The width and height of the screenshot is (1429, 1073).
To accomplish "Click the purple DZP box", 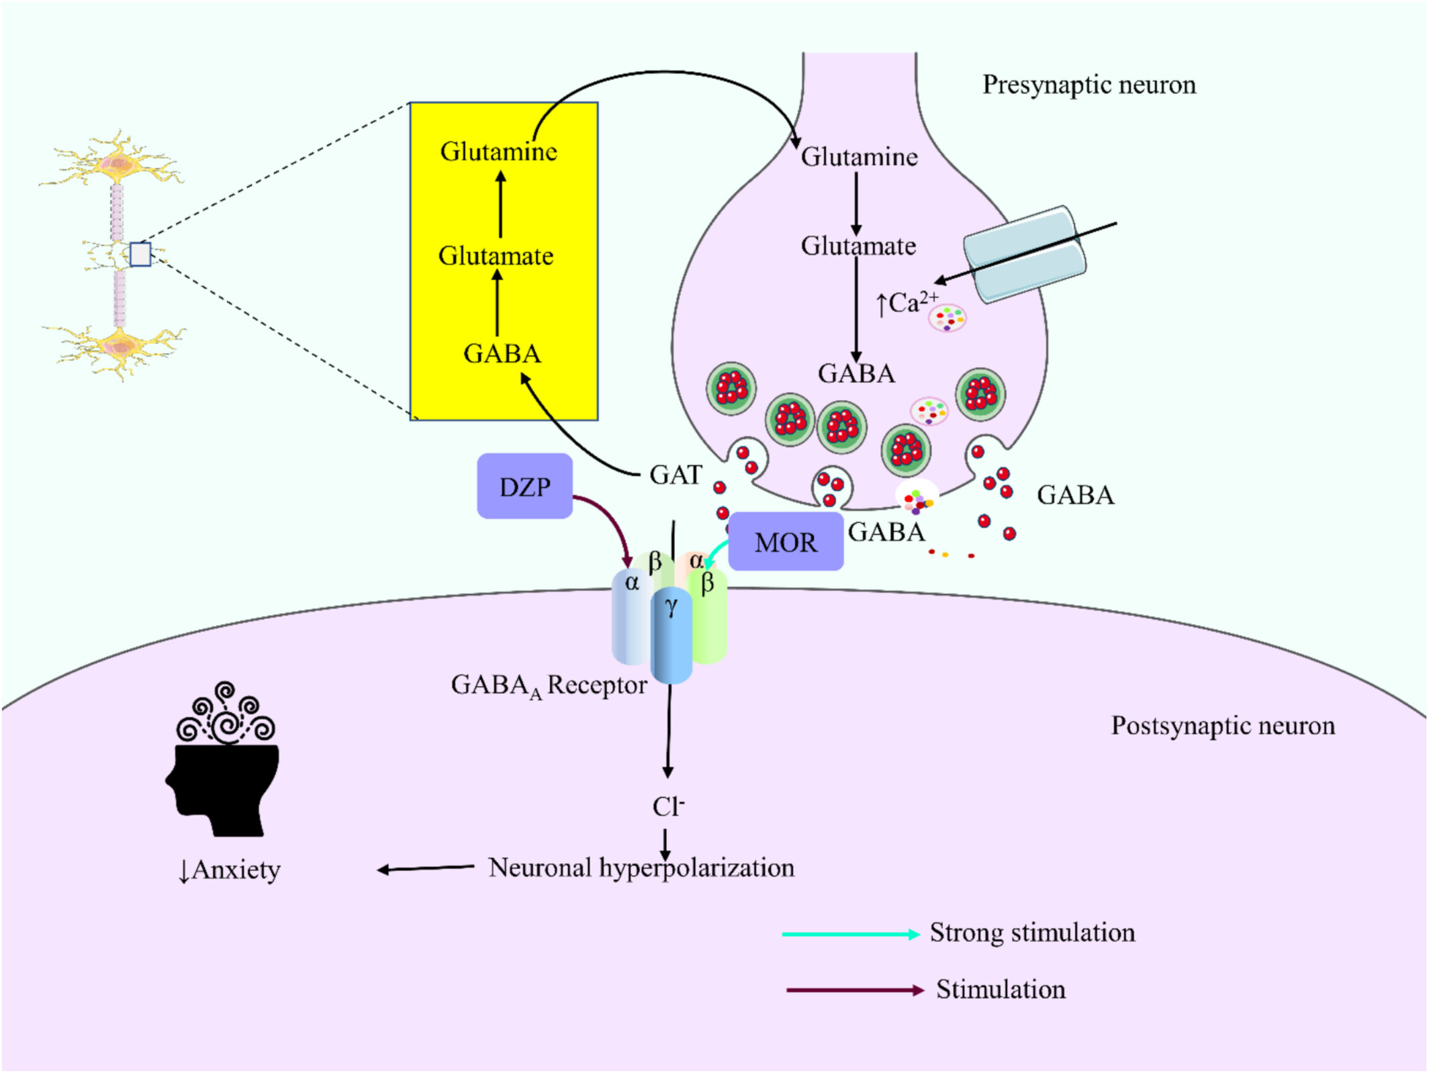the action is coord(524,486).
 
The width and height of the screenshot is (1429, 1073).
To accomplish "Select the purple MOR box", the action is coord(786,542).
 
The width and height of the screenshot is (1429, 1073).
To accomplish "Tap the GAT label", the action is coord(676,475).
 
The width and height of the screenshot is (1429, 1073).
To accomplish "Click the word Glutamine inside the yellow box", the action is coord(499,152).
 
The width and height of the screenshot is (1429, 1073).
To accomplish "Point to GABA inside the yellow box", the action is coord(502,354).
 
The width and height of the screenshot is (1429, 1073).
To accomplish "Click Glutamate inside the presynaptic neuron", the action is coord(858,246).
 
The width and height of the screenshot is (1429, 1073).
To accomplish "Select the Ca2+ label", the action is coord(907,304).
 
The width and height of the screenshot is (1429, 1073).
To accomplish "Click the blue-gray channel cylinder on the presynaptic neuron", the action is coord(1025,254).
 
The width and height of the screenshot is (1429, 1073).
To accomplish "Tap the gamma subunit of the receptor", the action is coord(672,635).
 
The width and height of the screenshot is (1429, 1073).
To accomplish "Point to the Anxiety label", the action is coord(229,870).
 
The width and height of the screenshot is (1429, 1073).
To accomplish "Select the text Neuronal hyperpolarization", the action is coord(641,868).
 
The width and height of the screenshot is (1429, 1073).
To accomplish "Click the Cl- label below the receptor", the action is coord(668,806).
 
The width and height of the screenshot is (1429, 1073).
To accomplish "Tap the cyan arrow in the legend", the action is coord(851,934).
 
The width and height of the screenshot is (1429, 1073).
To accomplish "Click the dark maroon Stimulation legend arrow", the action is coord(856,990).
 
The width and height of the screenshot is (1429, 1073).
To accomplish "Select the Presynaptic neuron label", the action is coord(1089,85).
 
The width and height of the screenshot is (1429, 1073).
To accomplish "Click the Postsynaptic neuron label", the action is coord(1223,726).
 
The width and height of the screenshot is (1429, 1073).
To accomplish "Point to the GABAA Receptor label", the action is coord(549,686).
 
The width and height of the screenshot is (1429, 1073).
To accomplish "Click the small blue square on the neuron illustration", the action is coord(140,254).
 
